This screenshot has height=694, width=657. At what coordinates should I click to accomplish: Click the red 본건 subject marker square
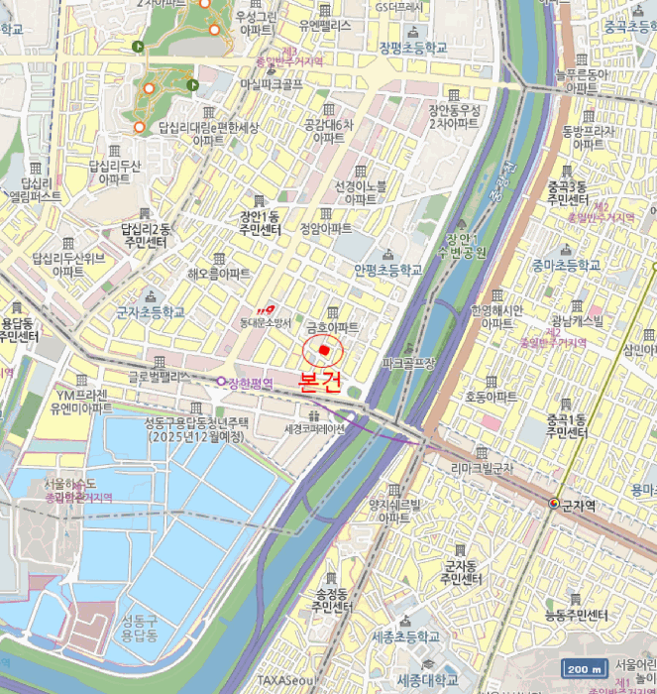tap(324, 350)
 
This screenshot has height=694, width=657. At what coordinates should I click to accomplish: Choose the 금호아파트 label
tap(332, 326)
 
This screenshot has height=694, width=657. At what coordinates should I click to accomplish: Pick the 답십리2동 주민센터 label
tap(146, 235)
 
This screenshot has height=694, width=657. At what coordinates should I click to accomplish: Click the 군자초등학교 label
tap(151, 310)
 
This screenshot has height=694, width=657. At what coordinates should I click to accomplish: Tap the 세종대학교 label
tap(429, 679)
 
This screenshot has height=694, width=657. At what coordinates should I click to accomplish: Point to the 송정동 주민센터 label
tap(335, 600)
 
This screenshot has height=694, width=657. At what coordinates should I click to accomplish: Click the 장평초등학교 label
tap(412, 48)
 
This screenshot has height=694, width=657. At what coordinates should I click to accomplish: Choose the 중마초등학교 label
tap(566, 265)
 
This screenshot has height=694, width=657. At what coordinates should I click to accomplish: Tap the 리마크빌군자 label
tap(483, 467)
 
